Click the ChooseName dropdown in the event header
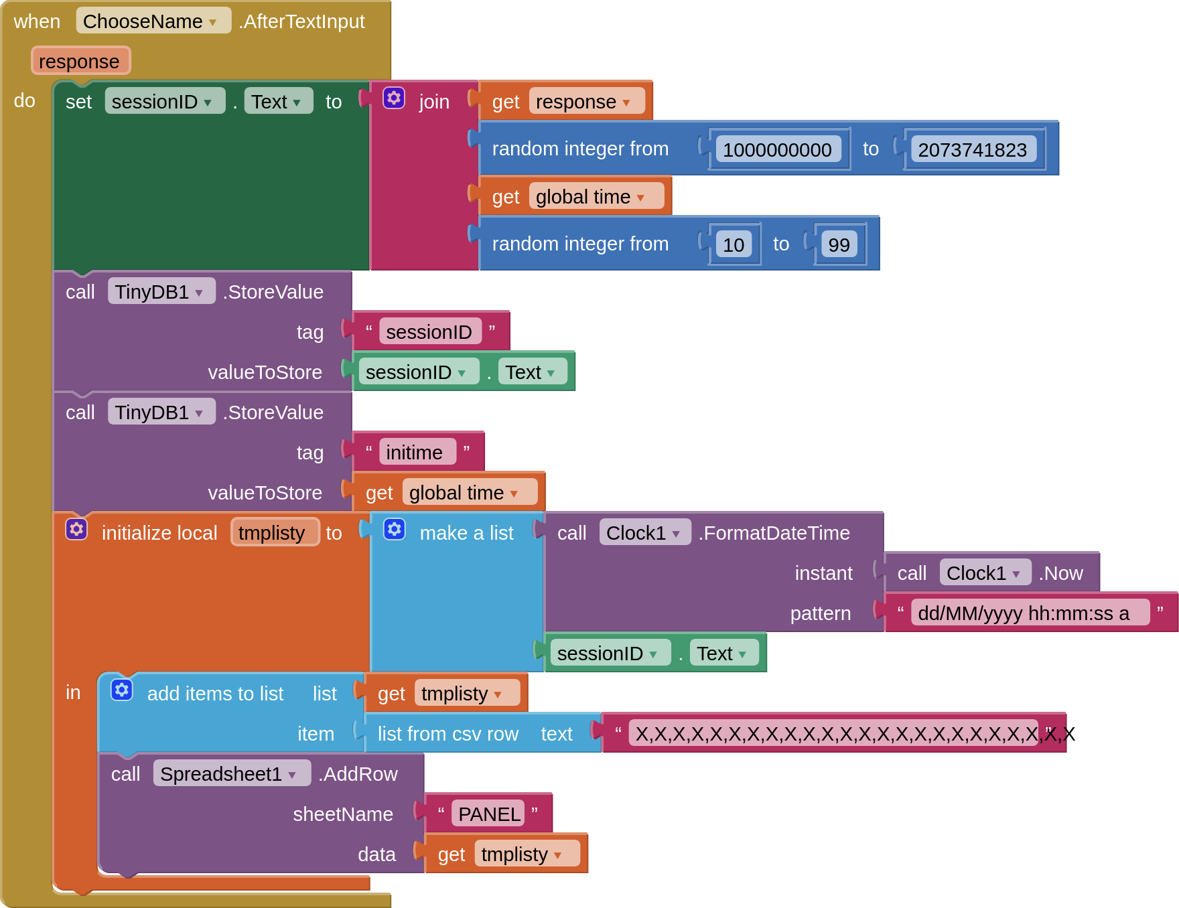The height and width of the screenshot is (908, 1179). coord(153,21)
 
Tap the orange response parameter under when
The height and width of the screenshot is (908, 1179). coord(80,62)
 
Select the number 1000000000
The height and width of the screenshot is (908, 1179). coord(777,150)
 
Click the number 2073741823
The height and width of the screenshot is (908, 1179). coord(972,150)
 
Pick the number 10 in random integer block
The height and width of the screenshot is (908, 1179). coord(734,245)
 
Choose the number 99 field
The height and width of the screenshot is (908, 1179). coord(839,245)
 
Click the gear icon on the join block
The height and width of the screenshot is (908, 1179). coord(394,98)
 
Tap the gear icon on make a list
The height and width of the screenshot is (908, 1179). coord(395,530)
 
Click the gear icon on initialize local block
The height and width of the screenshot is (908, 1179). coord(76,530)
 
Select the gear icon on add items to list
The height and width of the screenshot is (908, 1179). coord(122,690)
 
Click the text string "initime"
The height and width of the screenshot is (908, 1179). coord(415,453)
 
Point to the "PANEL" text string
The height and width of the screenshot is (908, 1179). coord(489,814)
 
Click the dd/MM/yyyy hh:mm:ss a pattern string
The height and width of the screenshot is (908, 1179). coord(1024,613)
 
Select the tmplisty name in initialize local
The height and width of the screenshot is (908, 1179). coord(272,533)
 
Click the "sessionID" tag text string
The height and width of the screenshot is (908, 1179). coord(429,332)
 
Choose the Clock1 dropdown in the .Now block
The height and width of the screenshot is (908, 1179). coord(984,573)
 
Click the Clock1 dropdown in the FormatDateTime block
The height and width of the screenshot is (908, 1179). coord(644,533)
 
